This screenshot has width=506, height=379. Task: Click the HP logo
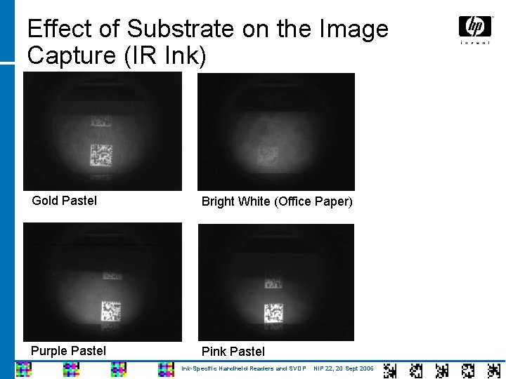[475, 28]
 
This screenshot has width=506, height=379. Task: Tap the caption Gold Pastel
[65, 201]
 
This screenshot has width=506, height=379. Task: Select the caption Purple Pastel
[69, 350]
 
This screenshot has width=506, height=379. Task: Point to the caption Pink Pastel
[233, 351]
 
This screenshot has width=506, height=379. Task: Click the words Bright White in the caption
[236, 201]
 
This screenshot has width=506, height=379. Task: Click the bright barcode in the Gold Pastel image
[101, 154]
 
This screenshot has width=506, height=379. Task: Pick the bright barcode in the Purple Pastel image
[110, 310]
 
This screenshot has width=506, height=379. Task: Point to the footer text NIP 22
[324, 368]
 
